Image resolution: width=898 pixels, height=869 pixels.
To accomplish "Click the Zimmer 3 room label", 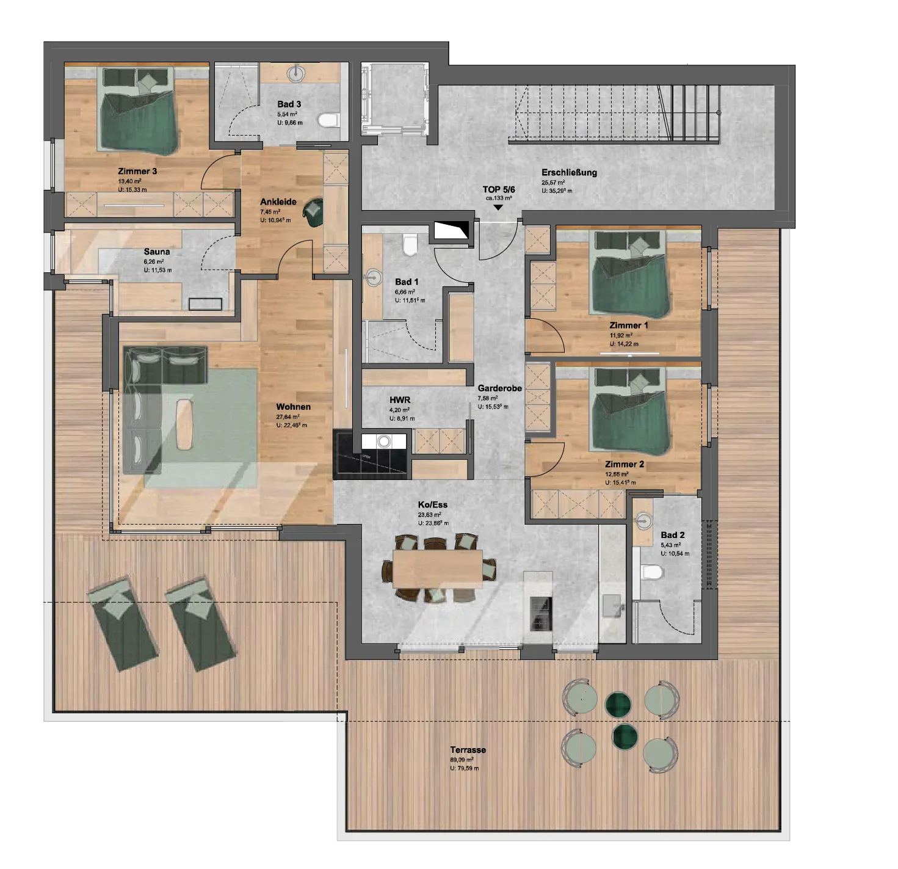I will coord(137,171).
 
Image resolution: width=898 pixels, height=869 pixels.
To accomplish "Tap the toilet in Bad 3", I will coord(330,119).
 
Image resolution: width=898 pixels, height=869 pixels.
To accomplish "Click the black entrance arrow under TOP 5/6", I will coord(498,208).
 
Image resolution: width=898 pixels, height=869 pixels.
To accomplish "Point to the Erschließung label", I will coord(569,172).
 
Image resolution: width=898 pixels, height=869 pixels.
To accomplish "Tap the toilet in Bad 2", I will coord(652,572).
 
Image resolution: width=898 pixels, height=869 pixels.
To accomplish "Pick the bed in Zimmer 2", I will coord(629,412).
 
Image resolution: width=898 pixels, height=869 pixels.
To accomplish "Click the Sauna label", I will coord(157,252).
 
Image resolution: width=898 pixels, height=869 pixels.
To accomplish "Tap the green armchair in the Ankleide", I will coord(314,211).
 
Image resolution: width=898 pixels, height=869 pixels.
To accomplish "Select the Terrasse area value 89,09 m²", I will coord(462,760).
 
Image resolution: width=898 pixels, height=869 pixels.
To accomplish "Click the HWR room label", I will coord(400,400).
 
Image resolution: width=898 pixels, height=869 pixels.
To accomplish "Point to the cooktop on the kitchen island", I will coord(541,613).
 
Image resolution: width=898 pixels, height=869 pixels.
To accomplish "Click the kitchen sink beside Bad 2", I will coord(612,606).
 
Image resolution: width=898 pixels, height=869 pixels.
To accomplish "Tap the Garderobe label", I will coord(499,388).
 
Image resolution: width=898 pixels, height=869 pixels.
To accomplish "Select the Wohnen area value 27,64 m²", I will coord(288,417).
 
